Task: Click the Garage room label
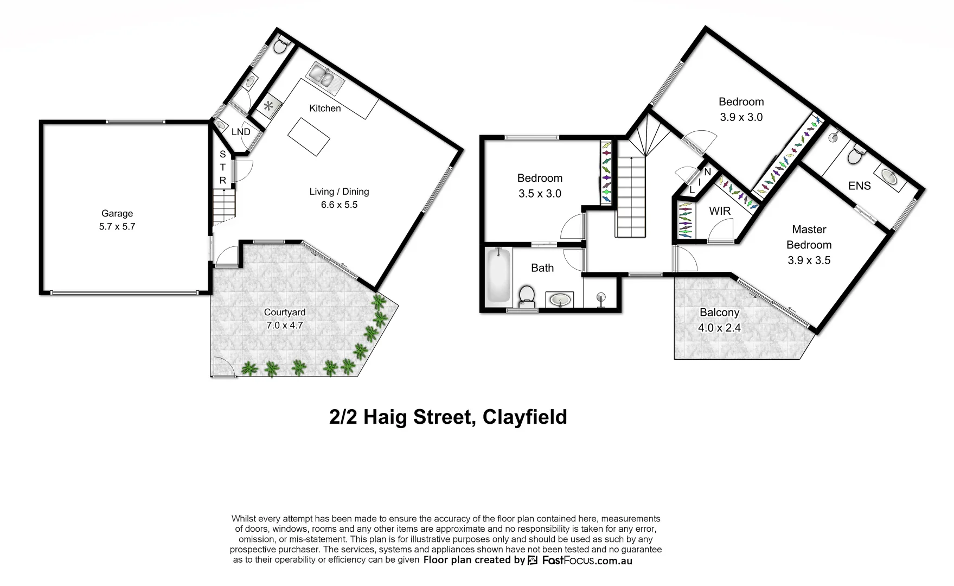pyautogui.click(x=117, y=214)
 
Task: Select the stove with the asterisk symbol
pyautogui.click(x=268, y=106)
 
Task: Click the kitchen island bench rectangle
pyautogui.click(x=309, y=137)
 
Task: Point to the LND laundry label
pyautogui.click(x=240, y=132)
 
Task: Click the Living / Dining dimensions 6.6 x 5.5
pyautogui.click(x=339, y=205)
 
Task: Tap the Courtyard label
pyautogui.click(x=284, y=312)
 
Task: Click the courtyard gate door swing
pyautogui.click(x=222, y=367)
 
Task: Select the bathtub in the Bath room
pyautogui.click(x=498, y=275)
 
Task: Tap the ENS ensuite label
pyautogui.click(x=859, y=186)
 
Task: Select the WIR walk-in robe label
pyautogui.click(x=720, y=211)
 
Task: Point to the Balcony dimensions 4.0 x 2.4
pyautogui.click(x=719, y=328)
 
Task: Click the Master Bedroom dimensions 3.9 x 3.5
pyautogui.click(x=809, y=260)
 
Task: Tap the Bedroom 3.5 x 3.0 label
pyautogui.click(x=540, y=178)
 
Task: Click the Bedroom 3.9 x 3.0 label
pyautogui.click(x=741, y=102)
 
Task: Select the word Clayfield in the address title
pyautogui.click(x=524, y=417)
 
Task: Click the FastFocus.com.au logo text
pyautogui.click(x=587, y=560)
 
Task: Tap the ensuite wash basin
pyautogui.click(x=889, y=177)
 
